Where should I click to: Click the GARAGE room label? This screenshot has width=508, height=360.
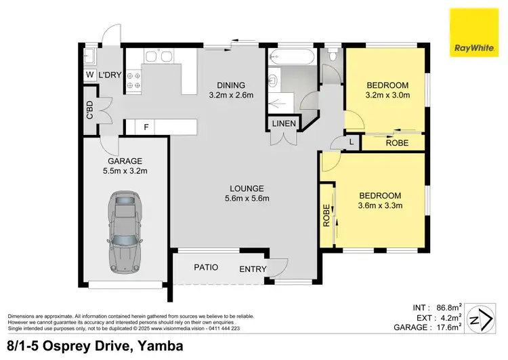click(x=124, y=161)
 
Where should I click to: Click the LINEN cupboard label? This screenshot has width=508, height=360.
click(x=282, y=123)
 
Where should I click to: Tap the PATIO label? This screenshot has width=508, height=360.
click(x=206, y=267)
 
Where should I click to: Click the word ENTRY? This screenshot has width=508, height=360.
click(x=253, y=269)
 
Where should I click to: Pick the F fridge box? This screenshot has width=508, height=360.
click(x=146, y=126)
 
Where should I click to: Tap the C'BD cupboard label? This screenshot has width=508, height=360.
click(x=89, y=110)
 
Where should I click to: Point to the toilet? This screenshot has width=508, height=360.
click(x=332, y=54)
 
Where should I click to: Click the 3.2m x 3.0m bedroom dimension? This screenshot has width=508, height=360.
click(x=387, y=96)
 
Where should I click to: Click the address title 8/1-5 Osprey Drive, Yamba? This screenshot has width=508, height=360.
click(x=95, y=346)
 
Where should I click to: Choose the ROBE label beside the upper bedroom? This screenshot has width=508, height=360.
click(x=397, y=143)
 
